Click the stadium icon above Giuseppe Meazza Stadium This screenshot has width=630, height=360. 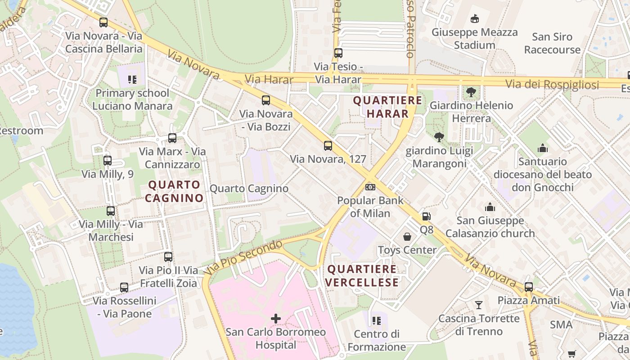(474, 19)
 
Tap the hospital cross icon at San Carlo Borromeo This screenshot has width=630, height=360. (276, 319)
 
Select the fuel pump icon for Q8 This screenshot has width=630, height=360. (426, 216)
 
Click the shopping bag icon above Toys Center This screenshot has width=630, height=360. (407, 236)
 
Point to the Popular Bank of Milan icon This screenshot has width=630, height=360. (370, 187)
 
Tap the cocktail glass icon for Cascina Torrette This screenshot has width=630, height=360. (479, 305)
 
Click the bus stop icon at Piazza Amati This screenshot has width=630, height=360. (529, 287)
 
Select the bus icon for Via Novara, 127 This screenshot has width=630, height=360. (328, 145)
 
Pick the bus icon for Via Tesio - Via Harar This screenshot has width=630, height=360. (338, 53)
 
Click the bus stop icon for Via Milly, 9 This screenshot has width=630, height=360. (107, 160)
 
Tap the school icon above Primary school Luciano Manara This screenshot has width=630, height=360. (132, 80)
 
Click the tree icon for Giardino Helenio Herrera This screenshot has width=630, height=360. (471, 92)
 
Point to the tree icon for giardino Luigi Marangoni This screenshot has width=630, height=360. (439, 137)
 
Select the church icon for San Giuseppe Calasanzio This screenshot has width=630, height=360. (490, 207)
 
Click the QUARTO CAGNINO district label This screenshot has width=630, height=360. (174, 191)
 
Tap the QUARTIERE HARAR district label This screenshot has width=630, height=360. (387, 107)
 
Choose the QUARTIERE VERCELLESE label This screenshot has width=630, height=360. (362, 276)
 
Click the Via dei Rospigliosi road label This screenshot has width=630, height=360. (552, 85)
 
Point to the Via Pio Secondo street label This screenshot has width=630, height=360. (243, 257)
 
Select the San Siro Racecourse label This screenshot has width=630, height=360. (552, 43)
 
